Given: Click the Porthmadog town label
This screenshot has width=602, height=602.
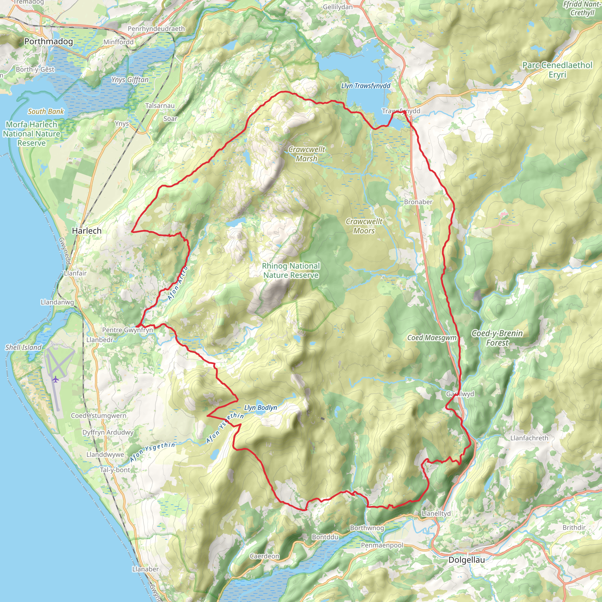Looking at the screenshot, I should point(48,41).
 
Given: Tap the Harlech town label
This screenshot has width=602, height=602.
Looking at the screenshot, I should point(87,231).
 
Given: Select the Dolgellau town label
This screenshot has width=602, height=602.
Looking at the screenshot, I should point(466,560).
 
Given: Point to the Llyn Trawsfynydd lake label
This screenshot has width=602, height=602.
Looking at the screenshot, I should point(365,86).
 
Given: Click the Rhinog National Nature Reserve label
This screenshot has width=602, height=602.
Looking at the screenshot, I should point(291,270).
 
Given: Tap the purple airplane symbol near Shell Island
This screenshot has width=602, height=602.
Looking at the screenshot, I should point(56,379).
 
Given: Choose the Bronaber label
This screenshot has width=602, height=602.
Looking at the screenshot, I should point(418,202).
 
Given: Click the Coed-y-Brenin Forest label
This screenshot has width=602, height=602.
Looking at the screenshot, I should point(497,338).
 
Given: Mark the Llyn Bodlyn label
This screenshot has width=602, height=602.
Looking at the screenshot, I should point(260,408).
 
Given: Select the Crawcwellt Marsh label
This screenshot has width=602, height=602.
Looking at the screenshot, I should point(307,154).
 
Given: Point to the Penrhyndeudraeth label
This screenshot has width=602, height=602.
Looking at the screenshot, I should point(156,29).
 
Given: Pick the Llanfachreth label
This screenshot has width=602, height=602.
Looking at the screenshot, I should point(529,438).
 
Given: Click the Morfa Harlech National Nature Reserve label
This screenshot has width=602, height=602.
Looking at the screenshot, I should point(31,134).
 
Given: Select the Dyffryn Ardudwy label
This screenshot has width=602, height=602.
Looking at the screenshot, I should point(108,432).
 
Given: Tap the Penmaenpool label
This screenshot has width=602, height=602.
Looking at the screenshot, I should point(382,545).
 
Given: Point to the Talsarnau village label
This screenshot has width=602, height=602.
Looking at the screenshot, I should point(160,106).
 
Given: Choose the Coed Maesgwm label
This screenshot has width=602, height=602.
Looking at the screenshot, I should point(432,338).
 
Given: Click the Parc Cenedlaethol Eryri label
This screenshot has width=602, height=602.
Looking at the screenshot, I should point(557,70).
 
